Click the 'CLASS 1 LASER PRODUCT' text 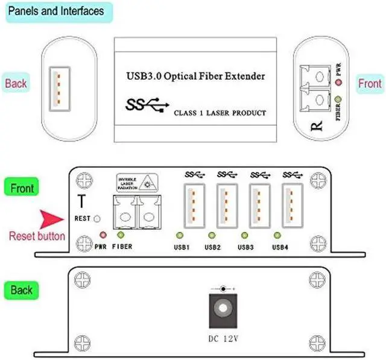(x=220, y=113)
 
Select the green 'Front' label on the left (x=21, y=188)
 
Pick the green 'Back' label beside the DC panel (x=21, y=291)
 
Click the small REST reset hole (x=97, y=219)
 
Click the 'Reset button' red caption (x=37, y=236)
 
